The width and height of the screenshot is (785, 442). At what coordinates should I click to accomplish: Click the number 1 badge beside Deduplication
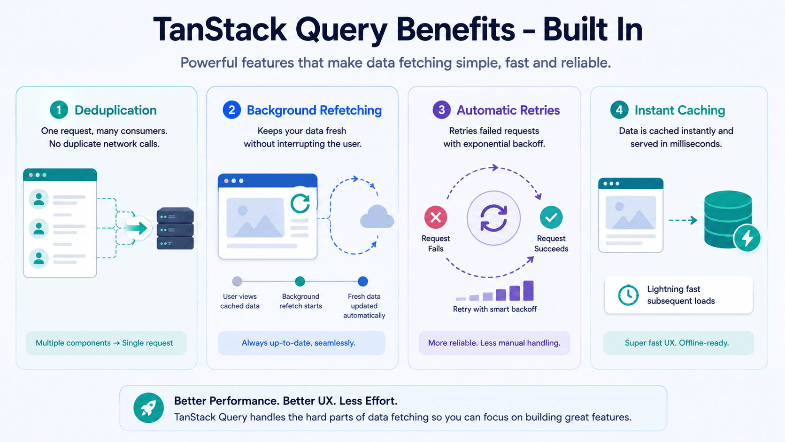click(x=59, y=110)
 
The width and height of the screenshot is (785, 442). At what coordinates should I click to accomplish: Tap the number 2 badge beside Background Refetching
click(x=231, y=110)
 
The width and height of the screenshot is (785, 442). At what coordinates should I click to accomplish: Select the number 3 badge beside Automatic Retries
click(x=441, y=110)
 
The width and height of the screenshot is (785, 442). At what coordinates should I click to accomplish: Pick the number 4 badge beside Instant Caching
click(x=619, y=110)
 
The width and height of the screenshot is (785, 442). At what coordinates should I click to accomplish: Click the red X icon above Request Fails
click(x=436, y=217)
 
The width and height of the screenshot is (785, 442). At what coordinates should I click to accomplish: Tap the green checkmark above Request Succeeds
click(x=551, y=217)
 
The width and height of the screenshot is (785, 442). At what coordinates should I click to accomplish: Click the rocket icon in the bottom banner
click(x=148, y=408)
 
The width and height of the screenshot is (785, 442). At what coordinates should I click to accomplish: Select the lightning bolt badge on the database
click(x=747, y=238)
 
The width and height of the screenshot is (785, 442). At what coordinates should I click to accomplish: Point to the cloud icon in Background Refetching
click(x=377, y=217)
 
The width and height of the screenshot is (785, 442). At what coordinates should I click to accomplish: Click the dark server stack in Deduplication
click(x=175, y=228)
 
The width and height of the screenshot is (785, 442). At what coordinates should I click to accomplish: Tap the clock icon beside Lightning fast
click(x=628, y=295)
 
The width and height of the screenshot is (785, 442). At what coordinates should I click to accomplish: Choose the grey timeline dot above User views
click(x=237, y=281)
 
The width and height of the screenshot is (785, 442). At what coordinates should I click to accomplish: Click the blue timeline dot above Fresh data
click(x=363, y=281)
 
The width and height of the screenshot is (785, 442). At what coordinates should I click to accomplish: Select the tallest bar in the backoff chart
click(x=529, y=291)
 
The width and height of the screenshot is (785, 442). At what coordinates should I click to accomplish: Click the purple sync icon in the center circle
click(x=493, y=217)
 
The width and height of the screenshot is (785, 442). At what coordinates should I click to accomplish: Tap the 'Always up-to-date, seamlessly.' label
click(x=299, y=343)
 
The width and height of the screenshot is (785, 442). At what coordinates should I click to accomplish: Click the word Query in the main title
click(x=341, y=30)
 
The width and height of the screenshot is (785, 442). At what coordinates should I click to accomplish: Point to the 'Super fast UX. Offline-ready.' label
click(x=677, y=343)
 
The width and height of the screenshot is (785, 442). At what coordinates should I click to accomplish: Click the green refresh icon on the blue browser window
click(x=300, y=203)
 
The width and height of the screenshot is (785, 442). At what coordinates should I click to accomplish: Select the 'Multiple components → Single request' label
click(x=104, y=343)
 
